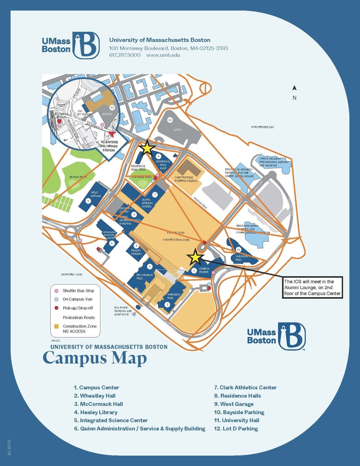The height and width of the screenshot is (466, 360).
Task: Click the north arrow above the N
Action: click(x=294, y=88)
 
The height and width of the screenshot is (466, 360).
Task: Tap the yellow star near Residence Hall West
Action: click(x=147, y=148)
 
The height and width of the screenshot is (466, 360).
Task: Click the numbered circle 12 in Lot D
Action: click(x=170, y=120)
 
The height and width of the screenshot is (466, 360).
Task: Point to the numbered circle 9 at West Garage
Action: click(x=88, y=201)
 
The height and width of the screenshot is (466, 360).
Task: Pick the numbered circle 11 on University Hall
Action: click(x=238, y=250)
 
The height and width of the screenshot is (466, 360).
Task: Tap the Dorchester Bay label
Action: click(x=262, y=127)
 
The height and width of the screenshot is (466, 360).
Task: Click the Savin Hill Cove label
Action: click(x=71, y=274)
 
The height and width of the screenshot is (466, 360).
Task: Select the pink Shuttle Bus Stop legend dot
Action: click(x=56, y=291)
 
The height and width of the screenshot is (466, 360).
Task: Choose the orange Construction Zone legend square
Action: click(x=56, y=326)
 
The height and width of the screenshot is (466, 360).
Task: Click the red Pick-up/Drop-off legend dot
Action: click(x=56, y=308)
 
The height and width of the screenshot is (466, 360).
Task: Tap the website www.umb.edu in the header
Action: click(x=163, y=55)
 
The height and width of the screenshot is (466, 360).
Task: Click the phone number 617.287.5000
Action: click(x=125, y=55)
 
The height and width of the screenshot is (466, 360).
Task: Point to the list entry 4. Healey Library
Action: click(x=95, y=412)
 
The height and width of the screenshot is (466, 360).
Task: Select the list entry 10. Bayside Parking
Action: click(x=239, y=412)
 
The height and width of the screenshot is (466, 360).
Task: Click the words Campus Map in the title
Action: click(x=95, y=359)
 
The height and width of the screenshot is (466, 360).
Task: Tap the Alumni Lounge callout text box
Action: click(x=312, y=287)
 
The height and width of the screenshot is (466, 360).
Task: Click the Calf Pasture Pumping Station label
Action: click(x=186, y=179)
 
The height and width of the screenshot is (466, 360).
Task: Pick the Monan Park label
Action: click(x=78, y=177)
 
